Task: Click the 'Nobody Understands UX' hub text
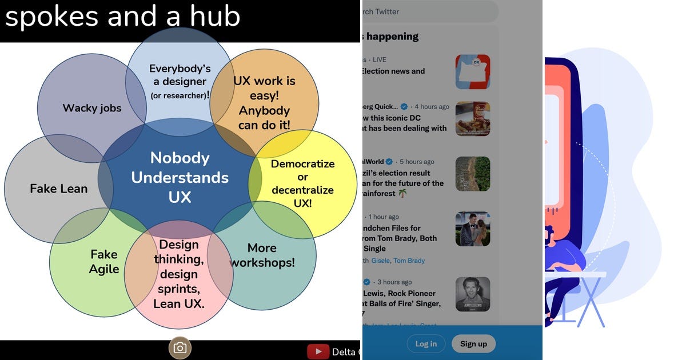180,177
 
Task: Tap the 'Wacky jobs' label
92,108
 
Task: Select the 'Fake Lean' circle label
59,189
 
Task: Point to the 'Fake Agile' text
104,262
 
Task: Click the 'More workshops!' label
262,255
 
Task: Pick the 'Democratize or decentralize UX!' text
302,183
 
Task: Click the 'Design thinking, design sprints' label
179,274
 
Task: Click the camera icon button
180,348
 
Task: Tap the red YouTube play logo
318,351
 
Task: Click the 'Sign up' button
473,343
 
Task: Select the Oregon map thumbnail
473,72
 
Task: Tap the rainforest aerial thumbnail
473,174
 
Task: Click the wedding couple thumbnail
473,229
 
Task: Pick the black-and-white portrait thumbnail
473,294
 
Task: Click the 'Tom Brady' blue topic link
409,261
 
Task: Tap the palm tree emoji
403,194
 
